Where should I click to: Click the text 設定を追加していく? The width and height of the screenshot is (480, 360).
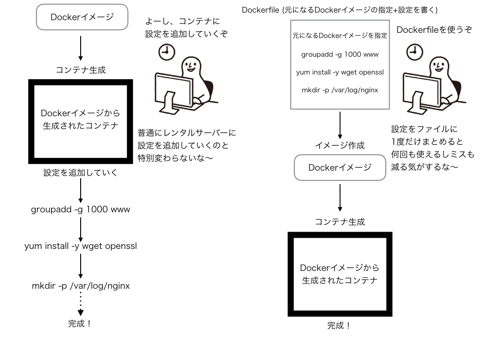[x=80, y=173]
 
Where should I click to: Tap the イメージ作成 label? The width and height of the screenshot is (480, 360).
[x=340, y=146]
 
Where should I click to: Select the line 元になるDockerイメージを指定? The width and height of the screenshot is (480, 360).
[x=340, y=36]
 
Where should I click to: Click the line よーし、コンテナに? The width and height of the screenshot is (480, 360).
[x=182, y=22]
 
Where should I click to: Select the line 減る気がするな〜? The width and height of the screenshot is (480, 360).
[x=425, y=167]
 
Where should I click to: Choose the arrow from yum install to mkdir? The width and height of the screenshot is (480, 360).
[x=81, y=266]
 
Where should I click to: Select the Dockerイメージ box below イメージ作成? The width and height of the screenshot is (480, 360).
[x=340, y=168]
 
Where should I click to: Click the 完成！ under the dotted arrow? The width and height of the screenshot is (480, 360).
[x=80, y=324]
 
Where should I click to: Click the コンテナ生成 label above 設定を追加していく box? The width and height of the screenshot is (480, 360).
[x=81, y=70]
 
